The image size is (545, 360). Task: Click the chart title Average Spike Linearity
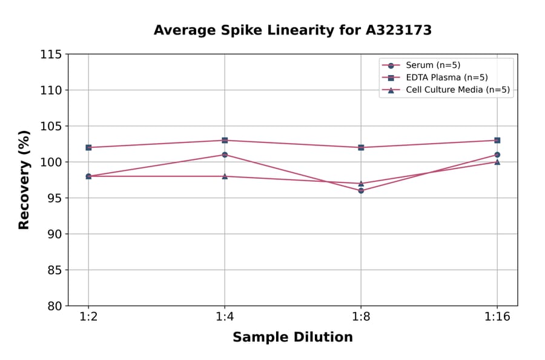coord(292,30)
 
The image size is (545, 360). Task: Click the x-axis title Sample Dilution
coord(292,338)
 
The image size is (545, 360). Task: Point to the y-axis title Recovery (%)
coord(24,180)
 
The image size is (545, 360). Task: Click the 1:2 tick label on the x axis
coord(88,317)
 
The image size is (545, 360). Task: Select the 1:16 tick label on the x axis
coord(497,317)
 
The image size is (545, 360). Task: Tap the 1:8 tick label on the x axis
coord(361,317)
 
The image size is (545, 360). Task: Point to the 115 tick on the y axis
coord(51,55)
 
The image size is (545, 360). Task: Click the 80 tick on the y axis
coord(54,306)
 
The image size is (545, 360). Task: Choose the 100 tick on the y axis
coord(51,162)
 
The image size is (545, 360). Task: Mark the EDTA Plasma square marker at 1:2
coord(88,147)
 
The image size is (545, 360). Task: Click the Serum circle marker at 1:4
coord(225,155)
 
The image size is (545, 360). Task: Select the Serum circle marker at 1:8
coord(361,190)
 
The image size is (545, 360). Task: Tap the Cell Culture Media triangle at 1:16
coord(497,162)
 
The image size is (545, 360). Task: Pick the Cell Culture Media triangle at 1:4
coord(225,176)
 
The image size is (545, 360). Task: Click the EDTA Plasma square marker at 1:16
coord(497,140)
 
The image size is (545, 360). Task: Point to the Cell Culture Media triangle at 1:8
coord(361,183)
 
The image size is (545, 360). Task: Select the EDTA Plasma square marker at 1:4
coord(225,140)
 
